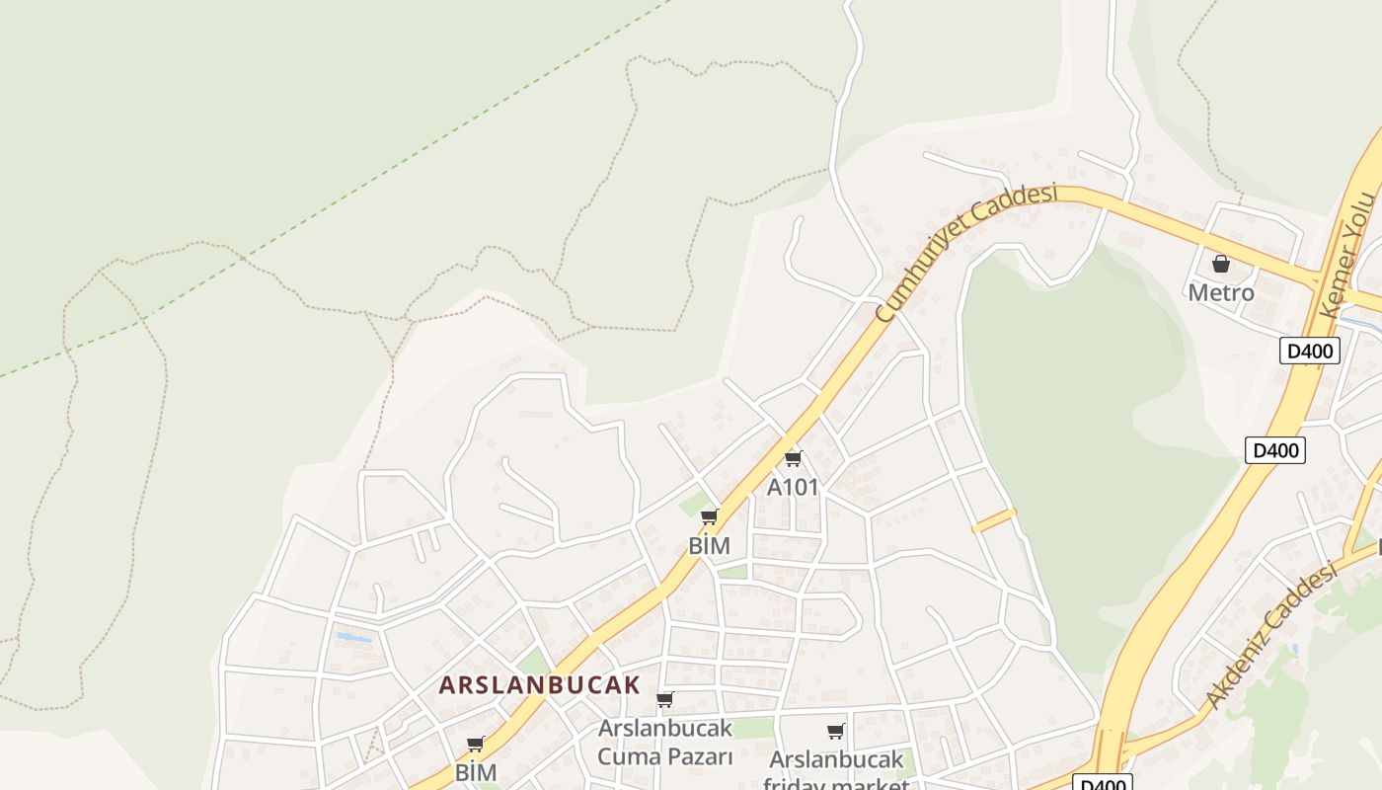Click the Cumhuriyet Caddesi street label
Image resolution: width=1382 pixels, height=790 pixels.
tap(965, 252)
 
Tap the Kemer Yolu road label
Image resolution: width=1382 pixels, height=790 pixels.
tap(1348, 255)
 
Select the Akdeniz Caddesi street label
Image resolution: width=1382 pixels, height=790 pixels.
tap(1271, 635)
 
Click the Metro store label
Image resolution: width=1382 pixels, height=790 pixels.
tap(1221, 292)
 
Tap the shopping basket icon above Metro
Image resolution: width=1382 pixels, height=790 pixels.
tap(1221, 264)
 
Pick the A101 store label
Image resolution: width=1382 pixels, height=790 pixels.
tap(793, 487)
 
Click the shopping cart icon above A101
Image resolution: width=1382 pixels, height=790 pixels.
tap(793, 458)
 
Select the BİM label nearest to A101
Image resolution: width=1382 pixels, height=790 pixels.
tap(709, 545)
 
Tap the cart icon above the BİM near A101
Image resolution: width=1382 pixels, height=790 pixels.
tap(709, 516)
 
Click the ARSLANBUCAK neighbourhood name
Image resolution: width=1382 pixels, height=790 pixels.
tap(540, 684)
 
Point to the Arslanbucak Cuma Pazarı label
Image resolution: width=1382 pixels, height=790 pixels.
tap(665, 743)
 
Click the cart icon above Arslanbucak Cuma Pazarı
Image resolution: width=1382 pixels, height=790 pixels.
tap(665, 700)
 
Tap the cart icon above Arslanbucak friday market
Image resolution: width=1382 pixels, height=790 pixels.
tap(836, 732)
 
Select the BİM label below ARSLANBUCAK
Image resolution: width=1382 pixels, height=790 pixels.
tap(475, 772)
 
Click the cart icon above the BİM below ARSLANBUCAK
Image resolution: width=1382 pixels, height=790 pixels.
tap(475, 745)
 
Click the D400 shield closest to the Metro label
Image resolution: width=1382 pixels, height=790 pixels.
tap(1309, 351)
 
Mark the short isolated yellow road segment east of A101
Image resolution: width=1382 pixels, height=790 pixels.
tap(994, 520)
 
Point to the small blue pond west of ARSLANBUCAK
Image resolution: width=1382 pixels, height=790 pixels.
tap(354, 638)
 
